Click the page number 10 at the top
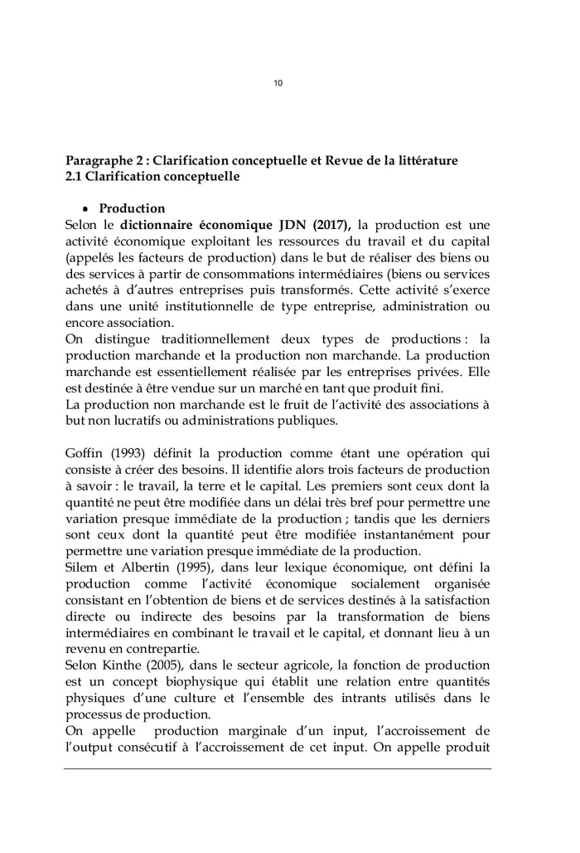278,83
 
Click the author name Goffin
83,453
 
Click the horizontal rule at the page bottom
278,768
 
